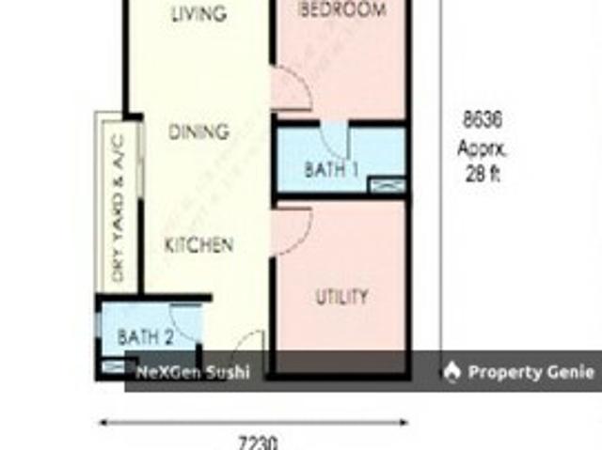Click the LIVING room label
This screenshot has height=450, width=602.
(x=198, y=14)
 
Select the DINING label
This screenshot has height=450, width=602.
(x=198, y=132)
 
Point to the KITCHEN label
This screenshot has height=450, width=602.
(x=198, y=246)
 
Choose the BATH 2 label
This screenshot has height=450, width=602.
(x=145, y=335)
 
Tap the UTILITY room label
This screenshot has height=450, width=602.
(x=341, y=298)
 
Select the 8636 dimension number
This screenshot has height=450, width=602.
(x=482, y=120)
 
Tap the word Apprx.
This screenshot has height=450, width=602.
(x=482, y=147)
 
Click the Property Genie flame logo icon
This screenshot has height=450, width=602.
(x=452, y=372)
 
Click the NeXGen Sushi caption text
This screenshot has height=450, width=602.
(x=193, y=373)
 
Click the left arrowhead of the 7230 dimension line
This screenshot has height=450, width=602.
(x=103, y=423)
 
